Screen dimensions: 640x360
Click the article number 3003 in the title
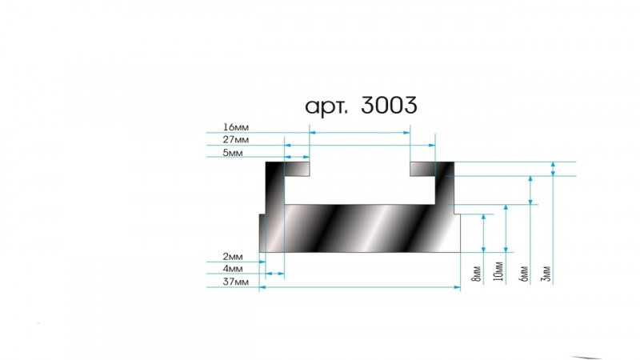point(389,105)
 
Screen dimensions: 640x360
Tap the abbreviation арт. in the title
point(326,107)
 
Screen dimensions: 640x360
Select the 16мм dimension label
point(235,127)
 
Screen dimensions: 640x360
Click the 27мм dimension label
point(235,139)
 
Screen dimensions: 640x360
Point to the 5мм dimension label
point(233,153)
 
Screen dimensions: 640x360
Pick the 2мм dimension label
point(233,256)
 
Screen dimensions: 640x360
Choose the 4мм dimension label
point(233,269)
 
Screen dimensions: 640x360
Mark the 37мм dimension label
point(235,282)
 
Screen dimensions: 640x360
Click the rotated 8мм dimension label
point(476,274)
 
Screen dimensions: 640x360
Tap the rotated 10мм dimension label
point(498,271)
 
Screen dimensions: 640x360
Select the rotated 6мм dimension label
point(524,274)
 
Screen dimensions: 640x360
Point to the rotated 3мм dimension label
point(546,274)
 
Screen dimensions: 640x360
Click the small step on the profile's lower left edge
point(262,214)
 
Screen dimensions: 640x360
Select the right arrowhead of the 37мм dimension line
point(457,287)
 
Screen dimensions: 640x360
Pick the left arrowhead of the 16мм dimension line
point(313,132)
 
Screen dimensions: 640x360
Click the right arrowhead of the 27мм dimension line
point(432,145)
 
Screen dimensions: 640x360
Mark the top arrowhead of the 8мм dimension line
point(484,217)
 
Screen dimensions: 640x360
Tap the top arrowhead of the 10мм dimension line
point(506,208)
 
